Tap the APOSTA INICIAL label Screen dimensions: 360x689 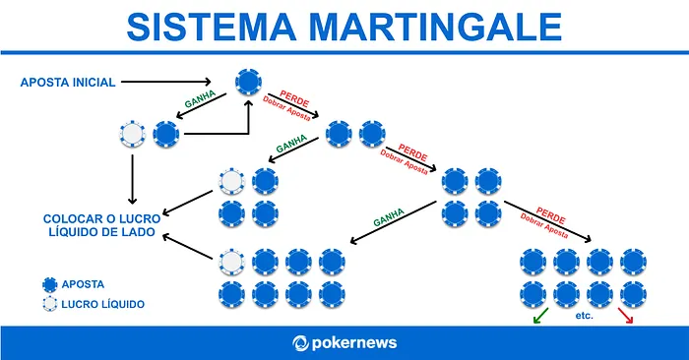pyautogui.click(x=68, y=82)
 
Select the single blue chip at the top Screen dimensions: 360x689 pyautogui.click(x=248, y=83)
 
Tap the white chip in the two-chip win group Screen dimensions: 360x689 pyautogui.click(x=132, y=134)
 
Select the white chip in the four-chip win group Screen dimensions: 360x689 pyautogui.click(x=232, y=181)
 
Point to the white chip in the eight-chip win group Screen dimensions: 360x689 pyautogui.click(x=232, y=262)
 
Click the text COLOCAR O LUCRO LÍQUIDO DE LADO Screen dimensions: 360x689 pyautogui.click(x=96, y=224)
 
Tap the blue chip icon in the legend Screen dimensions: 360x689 pyautogui.click(x=48, y=284)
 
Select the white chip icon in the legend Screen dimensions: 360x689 pyautogui.click(x=48, y=305)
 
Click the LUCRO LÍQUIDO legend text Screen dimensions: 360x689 pyautogui.click(x=103, y=305)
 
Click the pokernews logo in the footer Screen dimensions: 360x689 pyautogui.click(x=344, y=343)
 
